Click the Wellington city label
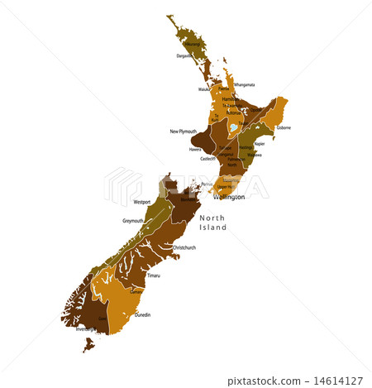229,198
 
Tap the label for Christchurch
184,247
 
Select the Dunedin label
143,315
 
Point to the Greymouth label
133,221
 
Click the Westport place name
142,201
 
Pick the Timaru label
154,275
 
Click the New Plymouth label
184,132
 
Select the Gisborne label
284,128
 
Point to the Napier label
259,143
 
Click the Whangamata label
244,84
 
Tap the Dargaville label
184,56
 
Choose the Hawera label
195,150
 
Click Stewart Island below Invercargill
88,343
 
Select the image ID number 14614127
341,380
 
